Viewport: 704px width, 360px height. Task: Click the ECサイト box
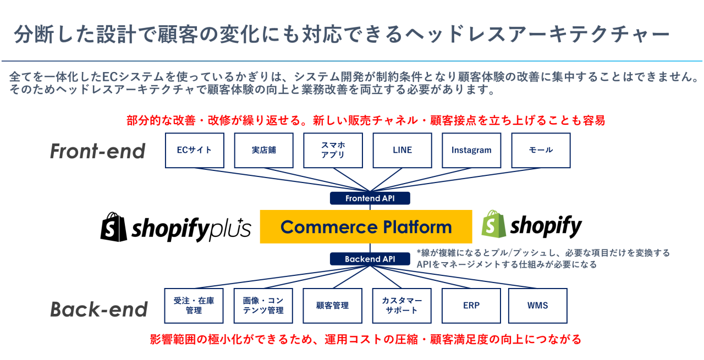coord(195,150)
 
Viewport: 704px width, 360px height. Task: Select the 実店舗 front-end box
coord(263,150)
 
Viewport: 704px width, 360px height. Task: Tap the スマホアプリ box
coord(333,150)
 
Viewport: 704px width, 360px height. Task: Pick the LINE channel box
coord(402,150)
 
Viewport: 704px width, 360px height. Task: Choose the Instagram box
coord(471,150)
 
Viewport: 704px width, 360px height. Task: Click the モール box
coord(541,150)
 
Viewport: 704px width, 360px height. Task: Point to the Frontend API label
coord(370,198)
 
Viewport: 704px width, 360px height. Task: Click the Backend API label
coord(370,259)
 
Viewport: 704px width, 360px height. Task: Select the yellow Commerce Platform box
coord(366,226)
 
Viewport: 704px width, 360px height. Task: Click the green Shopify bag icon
coord(493,225)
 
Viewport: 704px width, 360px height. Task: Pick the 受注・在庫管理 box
coord(194,306)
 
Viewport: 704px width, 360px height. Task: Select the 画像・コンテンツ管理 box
coord(263,306)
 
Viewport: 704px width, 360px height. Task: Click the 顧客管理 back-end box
coord(333,306)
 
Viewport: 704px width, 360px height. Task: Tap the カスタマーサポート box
coord(402,306)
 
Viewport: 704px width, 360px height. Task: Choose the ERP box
coord(471,306)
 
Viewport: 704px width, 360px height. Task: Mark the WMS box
coord(538,306)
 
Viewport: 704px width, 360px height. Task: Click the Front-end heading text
coord(98,151)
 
